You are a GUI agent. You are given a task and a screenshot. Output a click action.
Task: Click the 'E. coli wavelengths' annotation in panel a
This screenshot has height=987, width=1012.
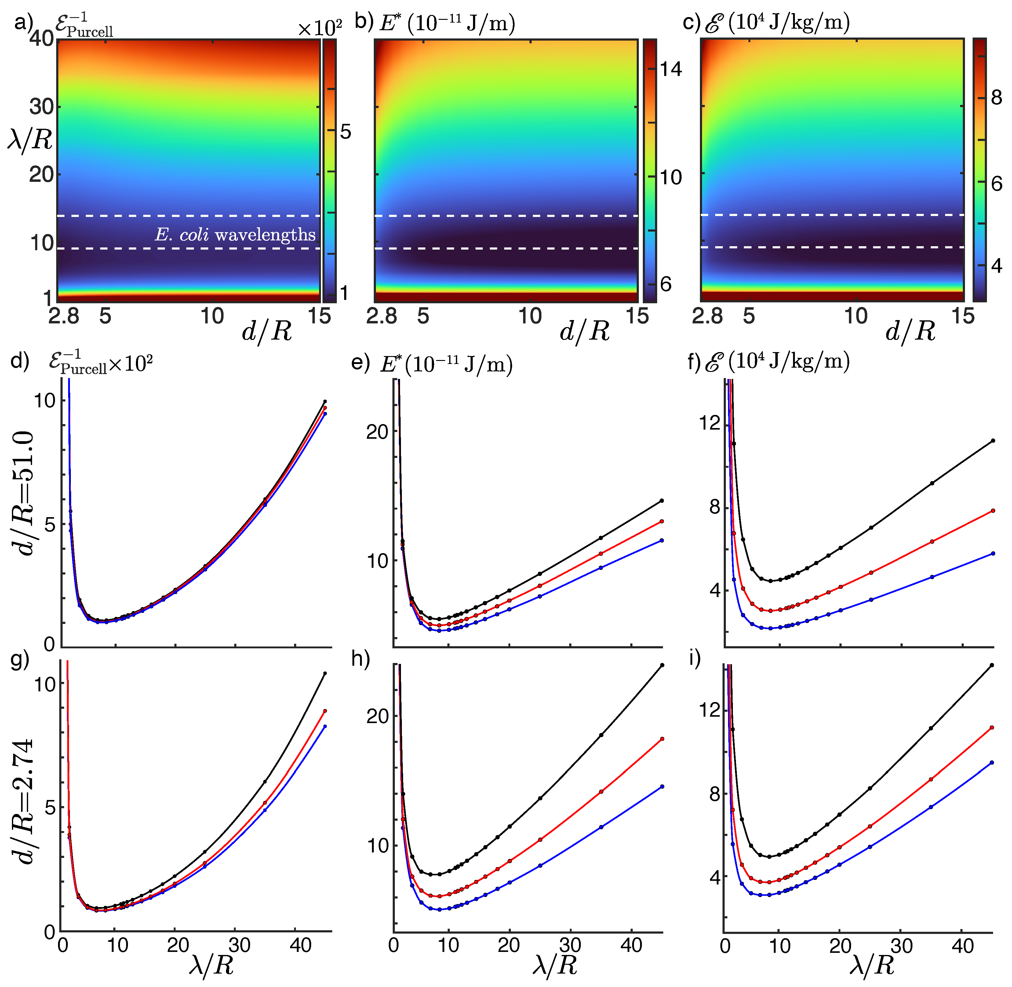pyautogui.click(x=235, y=235)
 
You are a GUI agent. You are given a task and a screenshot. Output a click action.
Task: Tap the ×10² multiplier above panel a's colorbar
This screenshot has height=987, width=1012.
pyautogui.click(x=319, y=28)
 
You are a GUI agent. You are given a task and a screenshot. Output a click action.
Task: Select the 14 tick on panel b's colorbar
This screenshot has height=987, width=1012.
pyautogui.click(x=671, y=69)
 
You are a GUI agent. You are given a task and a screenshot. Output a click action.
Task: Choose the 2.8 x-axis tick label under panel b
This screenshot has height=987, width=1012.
pyautogui.click(x=381, y=316)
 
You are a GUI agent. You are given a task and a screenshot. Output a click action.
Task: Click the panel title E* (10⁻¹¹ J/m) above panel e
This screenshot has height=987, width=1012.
pyautogui.click(x=446, y=364)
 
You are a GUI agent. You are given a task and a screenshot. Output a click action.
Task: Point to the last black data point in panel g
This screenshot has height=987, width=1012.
pyautogui.click(x=325, y=673)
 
